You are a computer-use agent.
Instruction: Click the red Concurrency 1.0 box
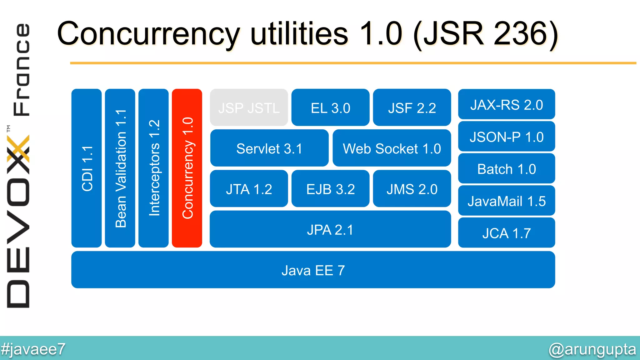[187, 168]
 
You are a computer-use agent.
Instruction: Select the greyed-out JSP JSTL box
[249, 107]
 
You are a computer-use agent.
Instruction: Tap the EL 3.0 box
[330, 107]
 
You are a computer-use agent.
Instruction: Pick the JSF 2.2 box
[412, 107]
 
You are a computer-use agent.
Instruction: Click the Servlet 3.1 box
[269, 148]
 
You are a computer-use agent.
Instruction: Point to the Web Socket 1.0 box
[392, 148]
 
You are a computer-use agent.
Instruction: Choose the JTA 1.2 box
[249, 189]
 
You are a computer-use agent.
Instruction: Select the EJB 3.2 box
[330, 189]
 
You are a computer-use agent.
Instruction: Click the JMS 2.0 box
[412, 189]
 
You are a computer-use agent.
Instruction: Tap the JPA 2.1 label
[330, 230]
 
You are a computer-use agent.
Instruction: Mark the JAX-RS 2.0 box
[507, 104]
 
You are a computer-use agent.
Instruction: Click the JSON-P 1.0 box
[507, 137]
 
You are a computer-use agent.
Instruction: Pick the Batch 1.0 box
[507, 169]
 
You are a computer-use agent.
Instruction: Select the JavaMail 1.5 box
[507, 201]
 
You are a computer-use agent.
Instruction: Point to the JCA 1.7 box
[507, 233]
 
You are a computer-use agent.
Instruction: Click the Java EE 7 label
[313, 270]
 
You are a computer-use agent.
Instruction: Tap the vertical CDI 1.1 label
[87, 168]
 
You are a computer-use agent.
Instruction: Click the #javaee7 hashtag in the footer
[33, 349]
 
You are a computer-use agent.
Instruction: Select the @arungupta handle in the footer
[592, 349]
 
